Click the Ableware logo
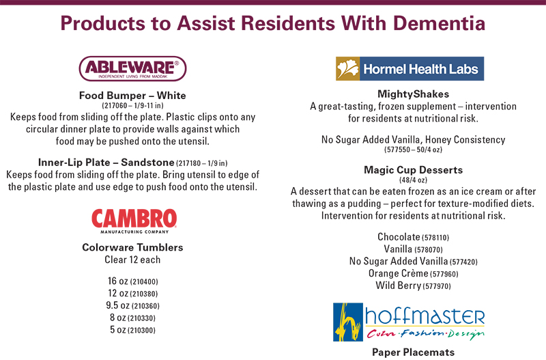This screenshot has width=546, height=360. click(x=132, y=68)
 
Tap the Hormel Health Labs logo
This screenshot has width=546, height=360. click(x=410, y=69)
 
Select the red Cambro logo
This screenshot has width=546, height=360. click(x=134, y=221)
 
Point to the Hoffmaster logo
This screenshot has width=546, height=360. click(x=409, y=322)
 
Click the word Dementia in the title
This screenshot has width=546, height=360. click(x=439, y=23)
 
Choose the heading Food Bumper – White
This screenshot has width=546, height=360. click(x=132, y=96)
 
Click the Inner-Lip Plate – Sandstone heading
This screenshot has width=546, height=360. click(x=106, y=163)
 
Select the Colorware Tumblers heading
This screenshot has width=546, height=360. click(x=132, y=247)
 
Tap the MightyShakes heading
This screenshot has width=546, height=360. click(x=414, y=94)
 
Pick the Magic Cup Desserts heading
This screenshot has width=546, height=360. click(x=414, y=170)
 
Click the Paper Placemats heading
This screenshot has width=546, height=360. click(x=414, y=352)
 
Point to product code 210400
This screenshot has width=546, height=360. click(x=144, y=281)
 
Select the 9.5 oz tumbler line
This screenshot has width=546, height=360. click(x=132, y=305)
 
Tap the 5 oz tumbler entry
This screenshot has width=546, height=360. click(x=132, y=330)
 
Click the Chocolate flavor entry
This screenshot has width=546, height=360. click(x=414, y=237)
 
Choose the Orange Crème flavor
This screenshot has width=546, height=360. click(x=414, y=273)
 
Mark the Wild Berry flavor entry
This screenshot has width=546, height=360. click(x=414, y=286)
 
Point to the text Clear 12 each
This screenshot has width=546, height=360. click(x=132, y=260)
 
